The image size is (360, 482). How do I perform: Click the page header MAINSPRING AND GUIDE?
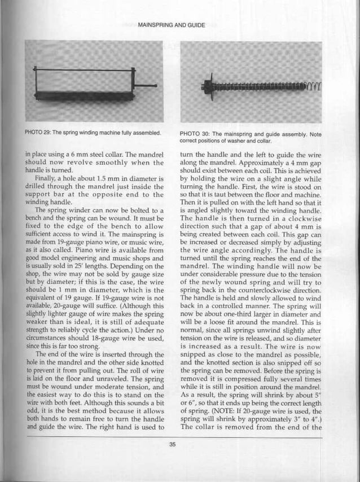point(172,25)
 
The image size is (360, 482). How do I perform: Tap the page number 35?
point(172,445)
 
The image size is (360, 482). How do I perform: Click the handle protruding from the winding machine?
point(146,86)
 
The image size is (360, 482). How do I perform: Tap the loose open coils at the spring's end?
point(314,85)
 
